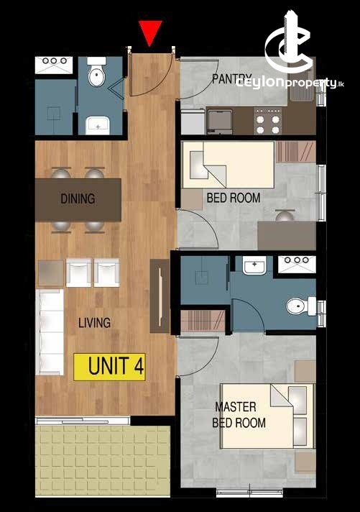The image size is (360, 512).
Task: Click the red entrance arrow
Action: pos(149,32)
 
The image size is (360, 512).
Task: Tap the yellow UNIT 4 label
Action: pos(109,367)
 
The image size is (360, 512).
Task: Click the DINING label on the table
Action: pos(78,198)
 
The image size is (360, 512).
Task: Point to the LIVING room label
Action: pos(94,323)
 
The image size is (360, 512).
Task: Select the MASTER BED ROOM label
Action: pos(239,415)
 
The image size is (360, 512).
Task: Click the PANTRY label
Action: pos(231,78)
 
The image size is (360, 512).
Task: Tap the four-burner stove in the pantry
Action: pos(268,122)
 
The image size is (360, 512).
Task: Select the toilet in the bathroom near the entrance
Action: pos(97,73)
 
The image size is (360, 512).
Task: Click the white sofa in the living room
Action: pos(50,332)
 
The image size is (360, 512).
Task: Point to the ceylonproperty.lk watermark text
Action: pos(290,83)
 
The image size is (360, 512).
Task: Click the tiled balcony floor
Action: pos(103,461)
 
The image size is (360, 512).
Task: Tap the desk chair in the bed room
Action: pos(285,216)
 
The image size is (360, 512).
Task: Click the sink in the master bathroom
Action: pos(254,265)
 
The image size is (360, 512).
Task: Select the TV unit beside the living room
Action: pos(160,296)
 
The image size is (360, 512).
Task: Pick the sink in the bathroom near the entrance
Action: pos(97,125)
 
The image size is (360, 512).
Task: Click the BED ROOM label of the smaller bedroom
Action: pos(234,198)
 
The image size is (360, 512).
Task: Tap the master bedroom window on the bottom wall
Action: pos(249,493)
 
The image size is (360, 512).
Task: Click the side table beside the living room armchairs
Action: pos(50,273)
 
